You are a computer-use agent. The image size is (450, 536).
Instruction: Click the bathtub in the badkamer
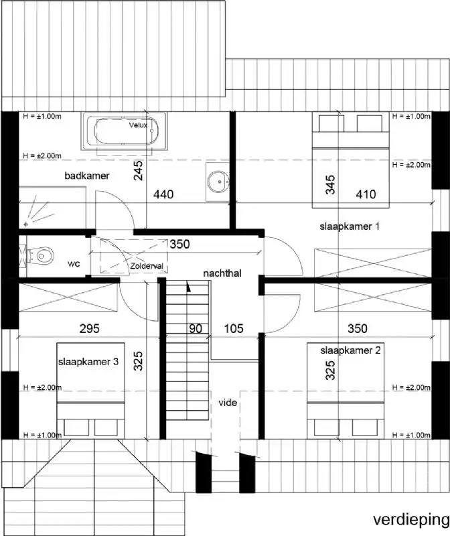[x=125, y=132]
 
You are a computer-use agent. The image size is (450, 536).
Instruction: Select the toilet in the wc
[x=42, y=255]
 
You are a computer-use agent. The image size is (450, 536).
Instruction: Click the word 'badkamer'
[x=87, y=176]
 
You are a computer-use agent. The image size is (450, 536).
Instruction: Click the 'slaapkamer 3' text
[x=88, y=362]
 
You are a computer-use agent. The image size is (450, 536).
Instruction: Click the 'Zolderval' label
[x=147, y=266]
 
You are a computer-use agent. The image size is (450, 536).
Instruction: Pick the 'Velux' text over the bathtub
[x=138, y=125]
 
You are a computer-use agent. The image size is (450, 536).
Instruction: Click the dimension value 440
[x=163, y=195]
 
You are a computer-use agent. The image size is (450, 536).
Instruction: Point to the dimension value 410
[x=366, y=194]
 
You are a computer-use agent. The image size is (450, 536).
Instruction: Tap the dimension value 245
[x=138, y=173]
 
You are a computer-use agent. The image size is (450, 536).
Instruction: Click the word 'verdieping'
[x=411, y=519]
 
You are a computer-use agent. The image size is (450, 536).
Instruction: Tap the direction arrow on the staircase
[x=190, y=287]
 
